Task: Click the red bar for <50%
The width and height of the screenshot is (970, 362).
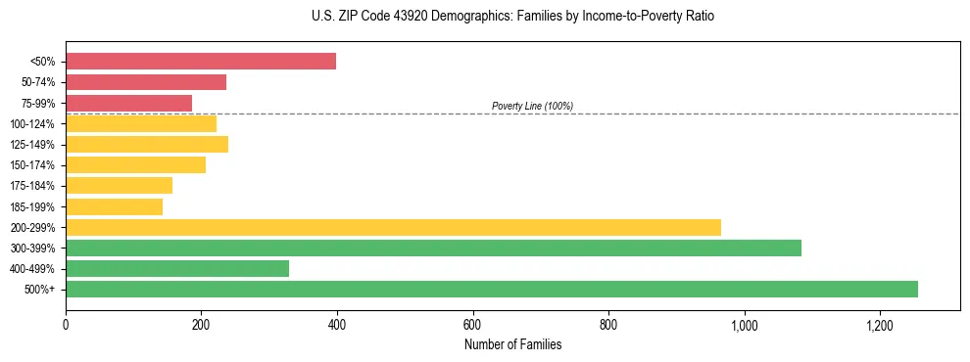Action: [x=201, y=62]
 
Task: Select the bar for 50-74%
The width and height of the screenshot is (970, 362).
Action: [x=146, y=82]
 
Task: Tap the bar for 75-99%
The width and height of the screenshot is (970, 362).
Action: [x=128, y=103]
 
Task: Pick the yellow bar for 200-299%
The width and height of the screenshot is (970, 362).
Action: [x=393, y=227]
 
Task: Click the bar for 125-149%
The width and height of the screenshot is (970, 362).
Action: [x=147, y=144]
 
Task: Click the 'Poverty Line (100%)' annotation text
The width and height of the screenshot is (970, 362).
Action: [x=532, y=106]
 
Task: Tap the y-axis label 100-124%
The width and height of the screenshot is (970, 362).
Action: [x=32, y=124]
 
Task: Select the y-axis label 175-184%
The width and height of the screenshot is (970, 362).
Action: [x=32, y=186]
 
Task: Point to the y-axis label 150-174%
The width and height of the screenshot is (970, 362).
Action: [x=32, y=165]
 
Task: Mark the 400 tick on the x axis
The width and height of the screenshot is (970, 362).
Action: [x=337, y=325]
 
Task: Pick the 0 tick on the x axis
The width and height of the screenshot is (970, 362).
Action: [x=66, y=325]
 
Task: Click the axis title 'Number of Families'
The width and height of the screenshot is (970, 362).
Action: [x=512, y=344]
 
